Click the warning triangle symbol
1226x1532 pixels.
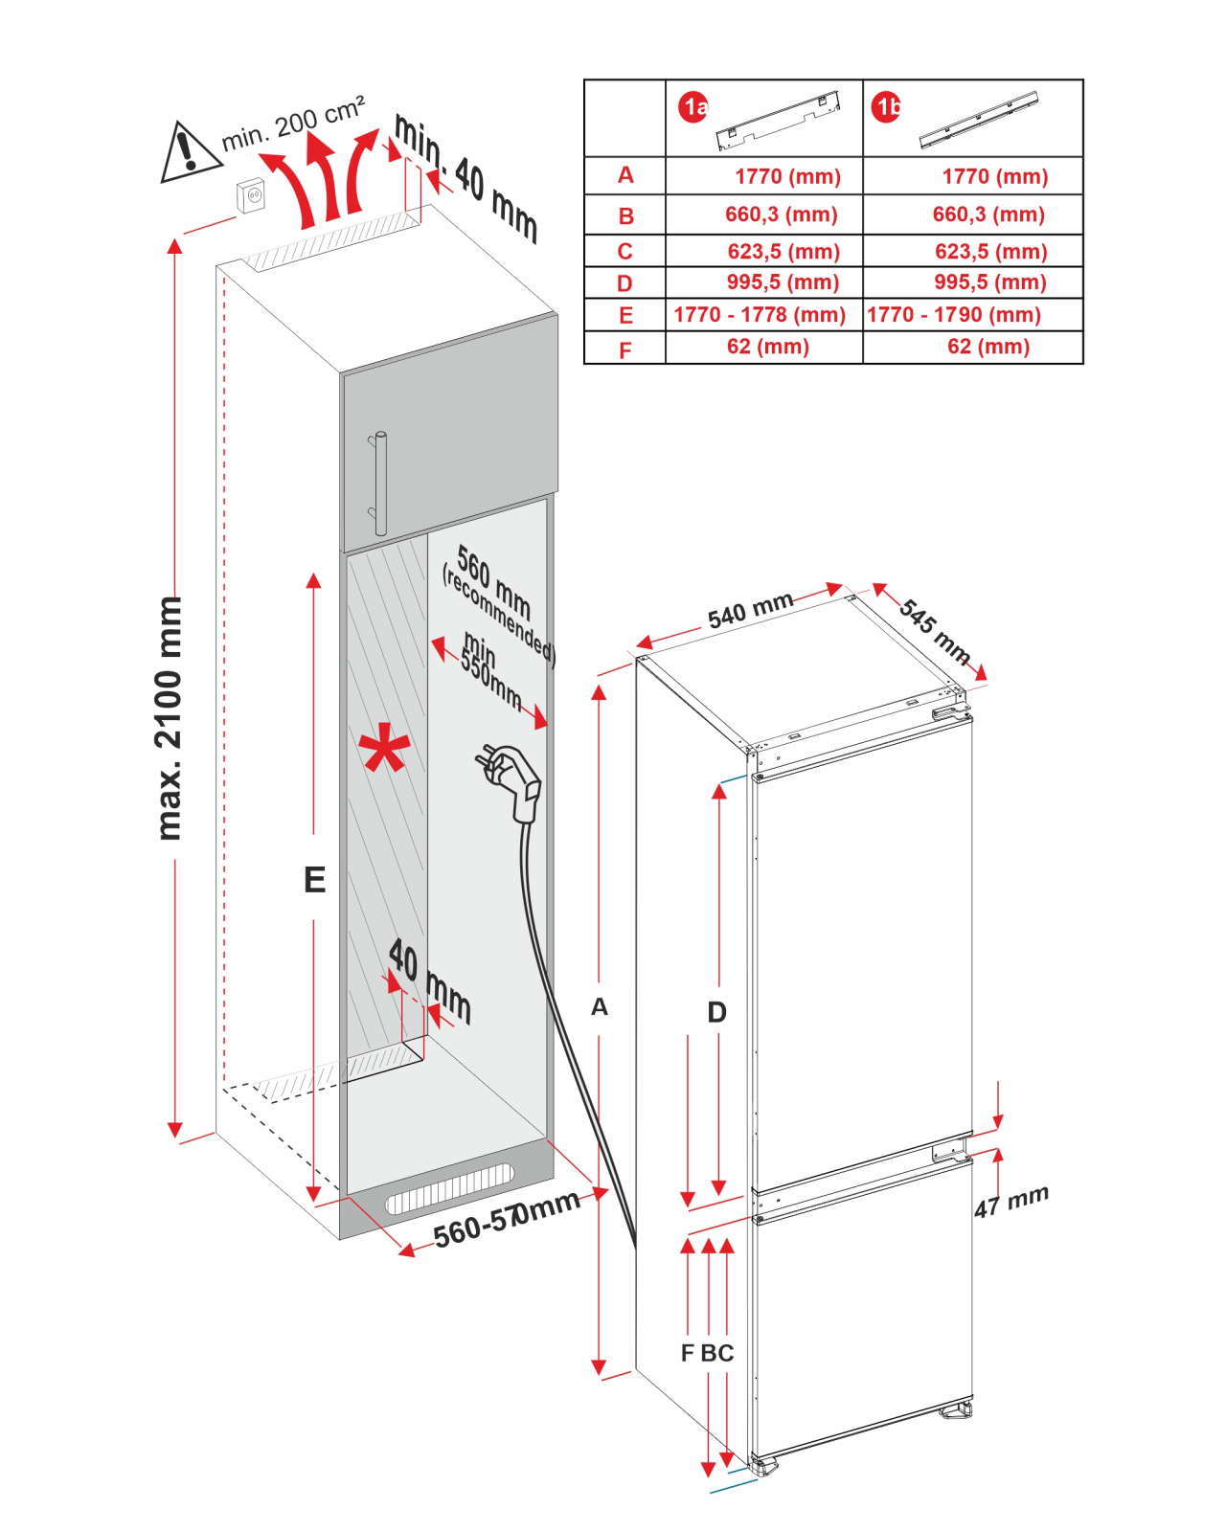190,153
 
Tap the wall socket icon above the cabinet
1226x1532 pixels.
252,195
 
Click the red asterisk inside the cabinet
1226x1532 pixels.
384,750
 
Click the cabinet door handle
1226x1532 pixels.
379,483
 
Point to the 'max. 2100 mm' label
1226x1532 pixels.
169,718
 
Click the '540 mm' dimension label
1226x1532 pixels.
750,610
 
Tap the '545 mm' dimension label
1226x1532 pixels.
935,631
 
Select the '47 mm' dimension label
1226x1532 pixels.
1011,1201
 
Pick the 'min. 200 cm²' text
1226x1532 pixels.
293,124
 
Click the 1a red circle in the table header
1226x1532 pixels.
693,107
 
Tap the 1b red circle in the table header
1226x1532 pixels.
886,107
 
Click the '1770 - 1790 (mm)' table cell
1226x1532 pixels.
954,315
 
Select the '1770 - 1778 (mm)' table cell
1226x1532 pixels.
760,315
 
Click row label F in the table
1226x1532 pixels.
624,349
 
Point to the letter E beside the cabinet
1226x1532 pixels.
314,880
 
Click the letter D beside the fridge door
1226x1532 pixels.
716,1012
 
